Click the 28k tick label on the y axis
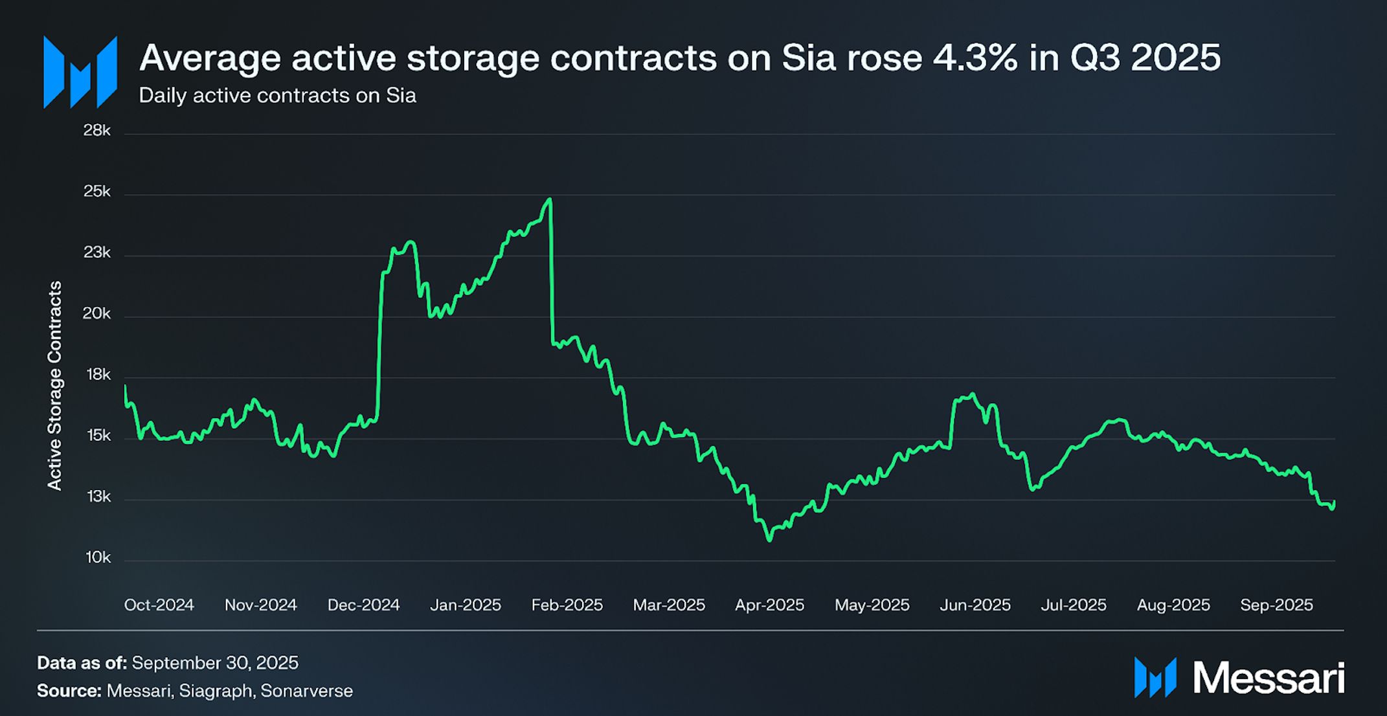click(97, 131)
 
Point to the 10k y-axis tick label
click(98, 557)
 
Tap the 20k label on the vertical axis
click(97, 314)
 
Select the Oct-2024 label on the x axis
click(159, 605)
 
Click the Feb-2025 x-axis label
click(567, 605)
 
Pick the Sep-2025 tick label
click(1276, 605)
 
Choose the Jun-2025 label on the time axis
click(975, 605)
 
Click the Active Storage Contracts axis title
click(55, 386)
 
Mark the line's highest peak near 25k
click(550, 199)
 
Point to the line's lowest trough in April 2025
click(769, 539)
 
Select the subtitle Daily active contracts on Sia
click(277, 96)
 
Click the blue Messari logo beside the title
click(80, 72)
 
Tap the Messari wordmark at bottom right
click(1268, 678)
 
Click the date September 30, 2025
click(215, 663)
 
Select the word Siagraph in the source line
click(215, 691)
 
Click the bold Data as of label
click(82, 663)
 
